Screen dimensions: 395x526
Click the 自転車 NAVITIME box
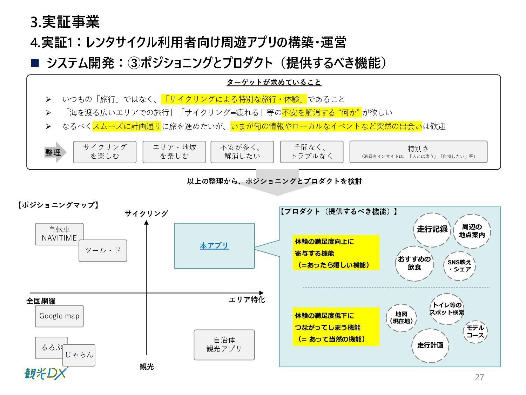click(x=59, y=233)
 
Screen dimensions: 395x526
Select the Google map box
click(x=59, y=316)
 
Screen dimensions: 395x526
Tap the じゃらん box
click(x=79, y=355)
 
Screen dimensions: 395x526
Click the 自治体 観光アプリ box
click(x=224, y=344)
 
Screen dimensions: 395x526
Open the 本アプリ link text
click(x=214, y=246)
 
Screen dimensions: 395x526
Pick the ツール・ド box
click(x=103, y=251)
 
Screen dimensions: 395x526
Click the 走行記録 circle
click(x=432, y=230)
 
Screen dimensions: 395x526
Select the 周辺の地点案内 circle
click(x=472, y=231)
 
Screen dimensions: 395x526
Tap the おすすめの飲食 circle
click(x=414, y=263)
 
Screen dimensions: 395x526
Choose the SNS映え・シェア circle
click(x=459, y=266)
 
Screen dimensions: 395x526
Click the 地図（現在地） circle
click(x=401, y=318)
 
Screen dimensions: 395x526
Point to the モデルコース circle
click(x=475, y=331)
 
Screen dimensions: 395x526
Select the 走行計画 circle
click(x=430, y=345)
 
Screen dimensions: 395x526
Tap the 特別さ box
click(x=418, y=152)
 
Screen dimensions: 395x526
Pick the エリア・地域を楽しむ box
click(x=174, y=152)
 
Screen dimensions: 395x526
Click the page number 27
click(x=479, y=377)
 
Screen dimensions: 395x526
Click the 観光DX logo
click(x=46, y=373)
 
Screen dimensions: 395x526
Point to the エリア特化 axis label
click(x=247, y=300)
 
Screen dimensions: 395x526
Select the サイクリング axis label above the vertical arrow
click(x=146, y=213)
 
